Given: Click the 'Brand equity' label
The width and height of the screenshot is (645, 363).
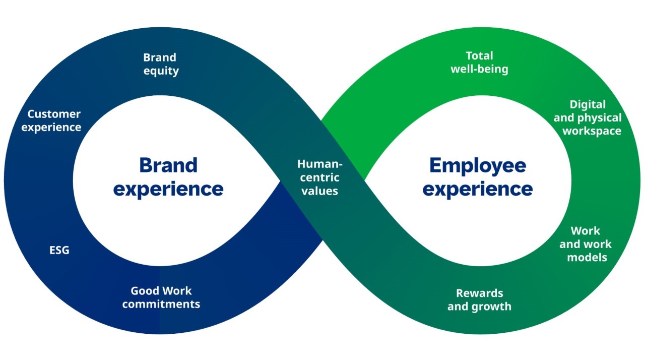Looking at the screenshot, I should pyautogui.click(x=161, y=64).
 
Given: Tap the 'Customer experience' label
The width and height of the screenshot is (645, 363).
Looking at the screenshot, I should pyautogui.click(x=52, y=120).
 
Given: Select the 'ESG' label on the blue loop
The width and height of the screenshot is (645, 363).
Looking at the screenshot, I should pyautogui.click(x=59, y=250).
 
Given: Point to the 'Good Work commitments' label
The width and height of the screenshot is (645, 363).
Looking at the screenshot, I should pyautogui.click(x=161, y=297).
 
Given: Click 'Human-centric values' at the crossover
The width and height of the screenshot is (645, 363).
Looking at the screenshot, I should pyautogui.click(x=319, y=177).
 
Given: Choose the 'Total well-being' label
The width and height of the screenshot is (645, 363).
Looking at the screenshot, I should pyautogui.click(x=479, y=63).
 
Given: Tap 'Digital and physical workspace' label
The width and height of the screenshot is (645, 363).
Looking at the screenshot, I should pyautogui.click(x=588, y=117).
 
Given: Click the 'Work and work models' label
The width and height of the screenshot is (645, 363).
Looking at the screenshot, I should pyautogui.click(x=586, y=244).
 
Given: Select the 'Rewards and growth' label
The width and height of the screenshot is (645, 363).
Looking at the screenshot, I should pyautogui.click(x=479, y=299).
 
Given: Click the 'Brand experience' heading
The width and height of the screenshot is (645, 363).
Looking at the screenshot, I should pyautogui.click(x=168, y=177).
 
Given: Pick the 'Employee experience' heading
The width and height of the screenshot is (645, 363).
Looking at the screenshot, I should pyautogui.click(x=477, y=177).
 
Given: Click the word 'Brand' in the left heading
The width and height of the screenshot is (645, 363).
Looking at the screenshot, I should pyautogui.click(x=168, y=165).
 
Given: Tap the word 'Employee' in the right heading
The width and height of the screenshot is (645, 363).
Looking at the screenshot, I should pyautogui.click(x=477, y=165).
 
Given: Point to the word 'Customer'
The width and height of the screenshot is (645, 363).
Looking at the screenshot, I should pyautogui.click(x=54, y=114).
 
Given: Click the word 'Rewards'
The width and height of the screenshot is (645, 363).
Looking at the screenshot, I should pyautogui.click(x=479, y=293).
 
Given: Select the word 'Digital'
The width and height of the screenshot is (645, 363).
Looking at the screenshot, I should pyautogui.click(x=588, y=104).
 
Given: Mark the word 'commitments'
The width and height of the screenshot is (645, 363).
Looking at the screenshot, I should pyautogui.click(x=161, y=304).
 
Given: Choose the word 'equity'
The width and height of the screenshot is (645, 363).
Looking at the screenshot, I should pyautogui.click(x=161, y=71).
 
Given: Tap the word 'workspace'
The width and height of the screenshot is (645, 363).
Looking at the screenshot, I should pyautogui.click(x=592, y=131).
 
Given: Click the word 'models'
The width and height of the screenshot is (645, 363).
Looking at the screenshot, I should pyautogui.click(x=587, y=257).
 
